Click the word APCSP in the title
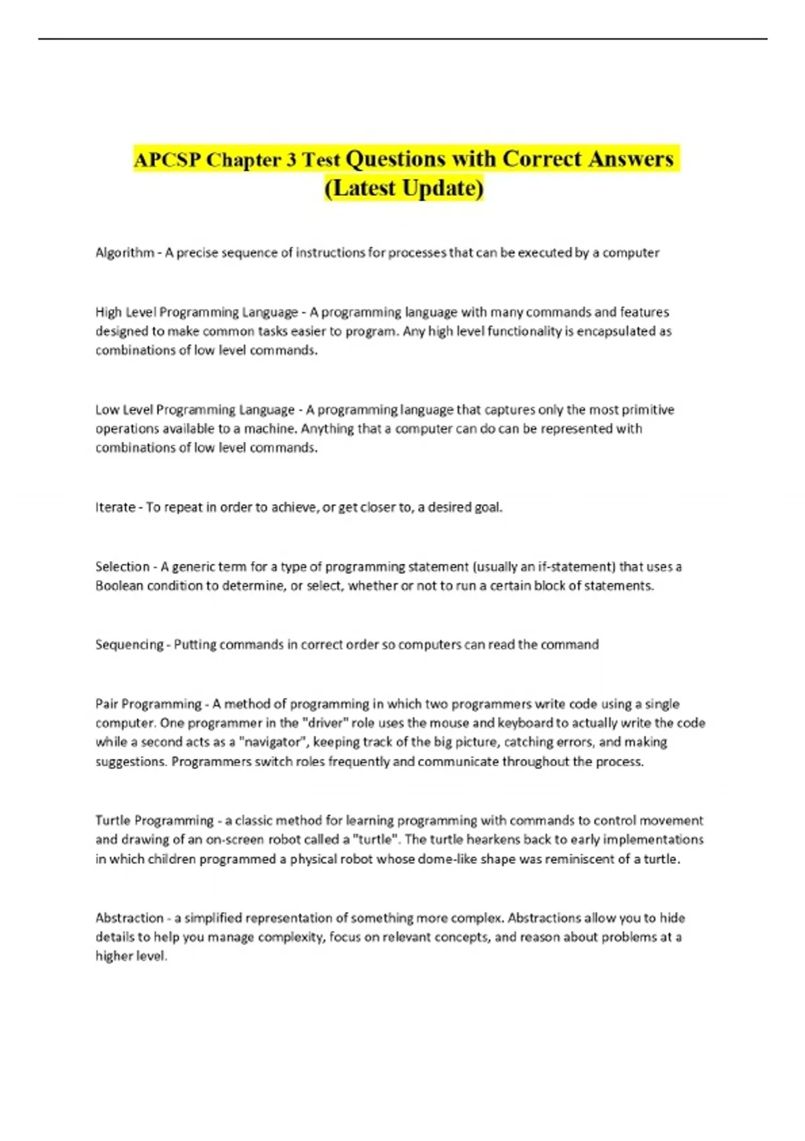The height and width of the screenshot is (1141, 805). [168, 160]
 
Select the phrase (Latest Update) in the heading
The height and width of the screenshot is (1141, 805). [403, 188]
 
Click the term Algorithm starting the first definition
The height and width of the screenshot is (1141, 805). [125, 252]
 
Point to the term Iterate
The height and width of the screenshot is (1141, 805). [115, 507]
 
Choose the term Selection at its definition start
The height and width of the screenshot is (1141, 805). [122, 566]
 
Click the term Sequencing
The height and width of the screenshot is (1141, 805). [129, 644]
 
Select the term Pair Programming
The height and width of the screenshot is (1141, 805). [148, 704]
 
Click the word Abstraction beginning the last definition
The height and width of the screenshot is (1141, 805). [129, 917]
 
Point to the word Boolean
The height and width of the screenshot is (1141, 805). [119, 585]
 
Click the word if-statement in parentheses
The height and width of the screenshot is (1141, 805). [576, 566]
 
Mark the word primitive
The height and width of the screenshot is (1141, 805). [648, 409]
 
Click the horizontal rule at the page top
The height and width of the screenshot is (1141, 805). [402, 39]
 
